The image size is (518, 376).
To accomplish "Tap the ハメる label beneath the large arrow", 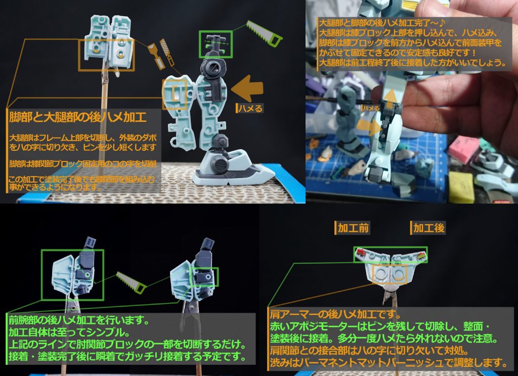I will (x=250, y=108).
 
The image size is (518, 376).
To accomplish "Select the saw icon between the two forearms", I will (x=131, y=281).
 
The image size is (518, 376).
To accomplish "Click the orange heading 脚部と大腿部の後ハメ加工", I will (x=78, y=118).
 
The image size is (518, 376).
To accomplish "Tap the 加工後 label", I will (x=428, y=228).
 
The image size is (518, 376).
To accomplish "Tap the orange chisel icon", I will (x=154, y=56).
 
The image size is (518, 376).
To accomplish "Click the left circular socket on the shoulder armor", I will (x=379, y=274).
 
